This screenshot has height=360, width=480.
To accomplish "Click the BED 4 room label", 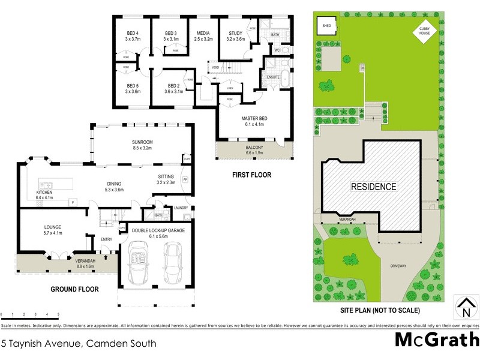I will tap(132, 33).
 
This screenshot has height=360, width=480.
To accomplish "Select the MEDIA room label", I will tap(204, 33).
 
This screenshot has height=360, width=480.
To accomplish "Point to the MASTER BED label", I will tap(254, 119).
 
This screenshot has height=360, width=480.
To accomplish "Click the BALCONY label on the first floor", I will tap(254, 147).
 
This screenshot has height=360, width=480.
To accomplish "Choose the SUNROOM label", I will tap(143, 142).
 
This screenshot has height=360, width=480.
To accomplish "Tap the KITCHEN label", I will tap(44, 192).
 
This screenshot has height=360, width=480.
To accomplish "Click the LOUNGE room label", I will tap(53, 227).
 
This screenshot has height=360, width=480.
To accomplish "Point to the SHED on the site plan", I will tap(326, 26).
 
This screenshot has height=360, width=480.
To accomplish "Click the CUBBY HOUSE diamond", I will tap(425, 31).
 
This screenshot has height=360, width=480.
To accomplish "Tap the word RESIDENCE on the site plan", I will tap(373, 187).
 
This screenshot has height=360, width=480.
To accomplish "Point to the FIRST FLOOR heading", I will tap(251, 175).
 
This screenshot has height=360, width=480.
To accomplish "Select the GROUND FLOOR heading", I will tap(74, 289).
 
